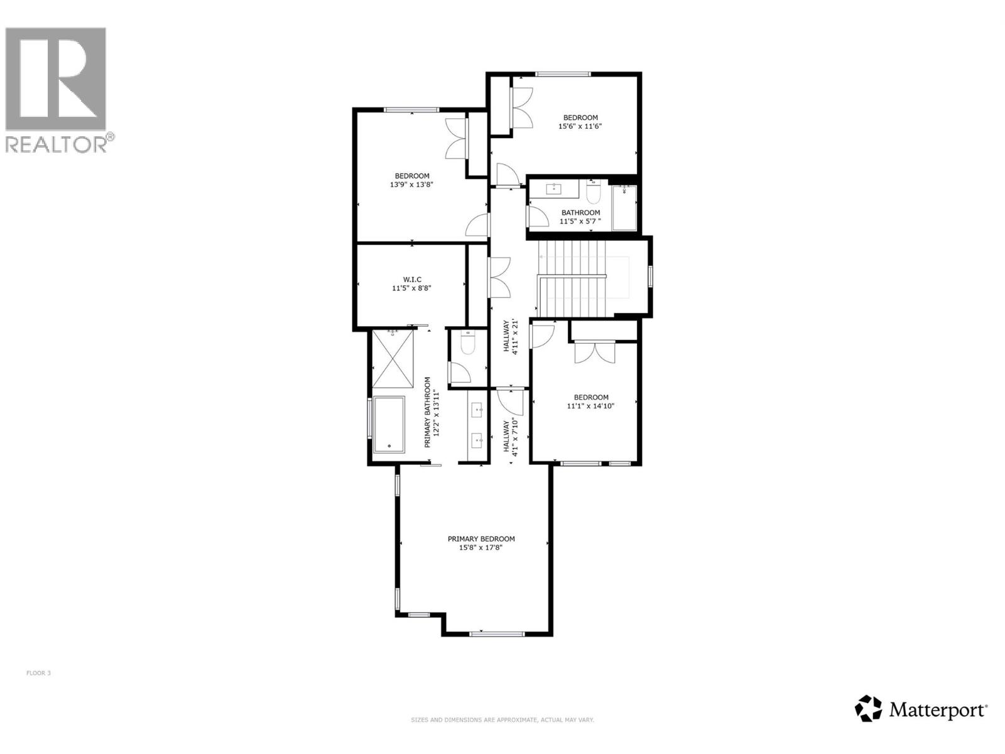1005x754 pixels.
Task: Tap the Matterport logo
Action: pos(921,709)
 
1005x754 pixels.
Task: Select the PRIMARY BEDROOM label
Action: pos(481,539)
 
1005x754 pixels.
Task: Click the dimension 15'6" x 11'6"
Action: pos(580,126)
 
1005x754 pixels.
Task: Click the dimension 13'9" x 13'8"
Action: pos(412,185)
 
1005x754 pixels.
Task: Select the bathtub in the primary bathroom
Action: pos(389,424)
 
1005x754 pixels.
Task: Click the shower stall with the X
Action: pos(393,359)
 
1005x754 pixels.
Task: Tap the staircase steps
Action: pos(572,280)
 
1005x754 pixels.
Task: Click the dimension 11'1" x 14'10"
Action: pos(590,406)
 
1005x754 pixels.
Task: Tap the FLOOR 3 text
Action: pos(38,673)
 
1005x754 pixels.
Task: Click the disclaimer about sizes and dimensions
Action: pos(502,720)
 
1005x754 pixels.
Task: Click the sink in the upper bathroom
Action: pos(555,187)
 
